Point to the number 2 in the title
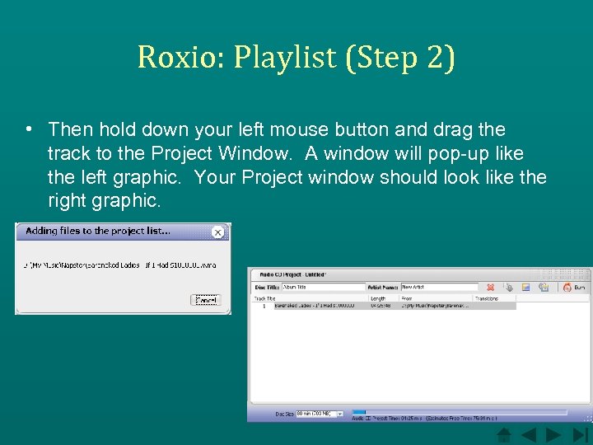click(x=434, y=57)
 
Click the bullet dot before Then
click(x=29, y=129)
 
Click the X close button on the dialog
click(x=217, y=232)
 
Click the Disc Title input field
click(x=323, y=287)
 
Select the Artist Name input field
click(x=437, y=287)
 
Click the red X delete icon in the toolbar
click(x=491, y=287)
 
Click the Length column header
click(x=378, y=298)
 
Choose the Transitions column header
click(x=487, y=298)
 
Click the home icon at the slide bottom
click(x=505, y=434)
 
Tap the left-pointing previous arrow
click(x=529, y=434)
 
